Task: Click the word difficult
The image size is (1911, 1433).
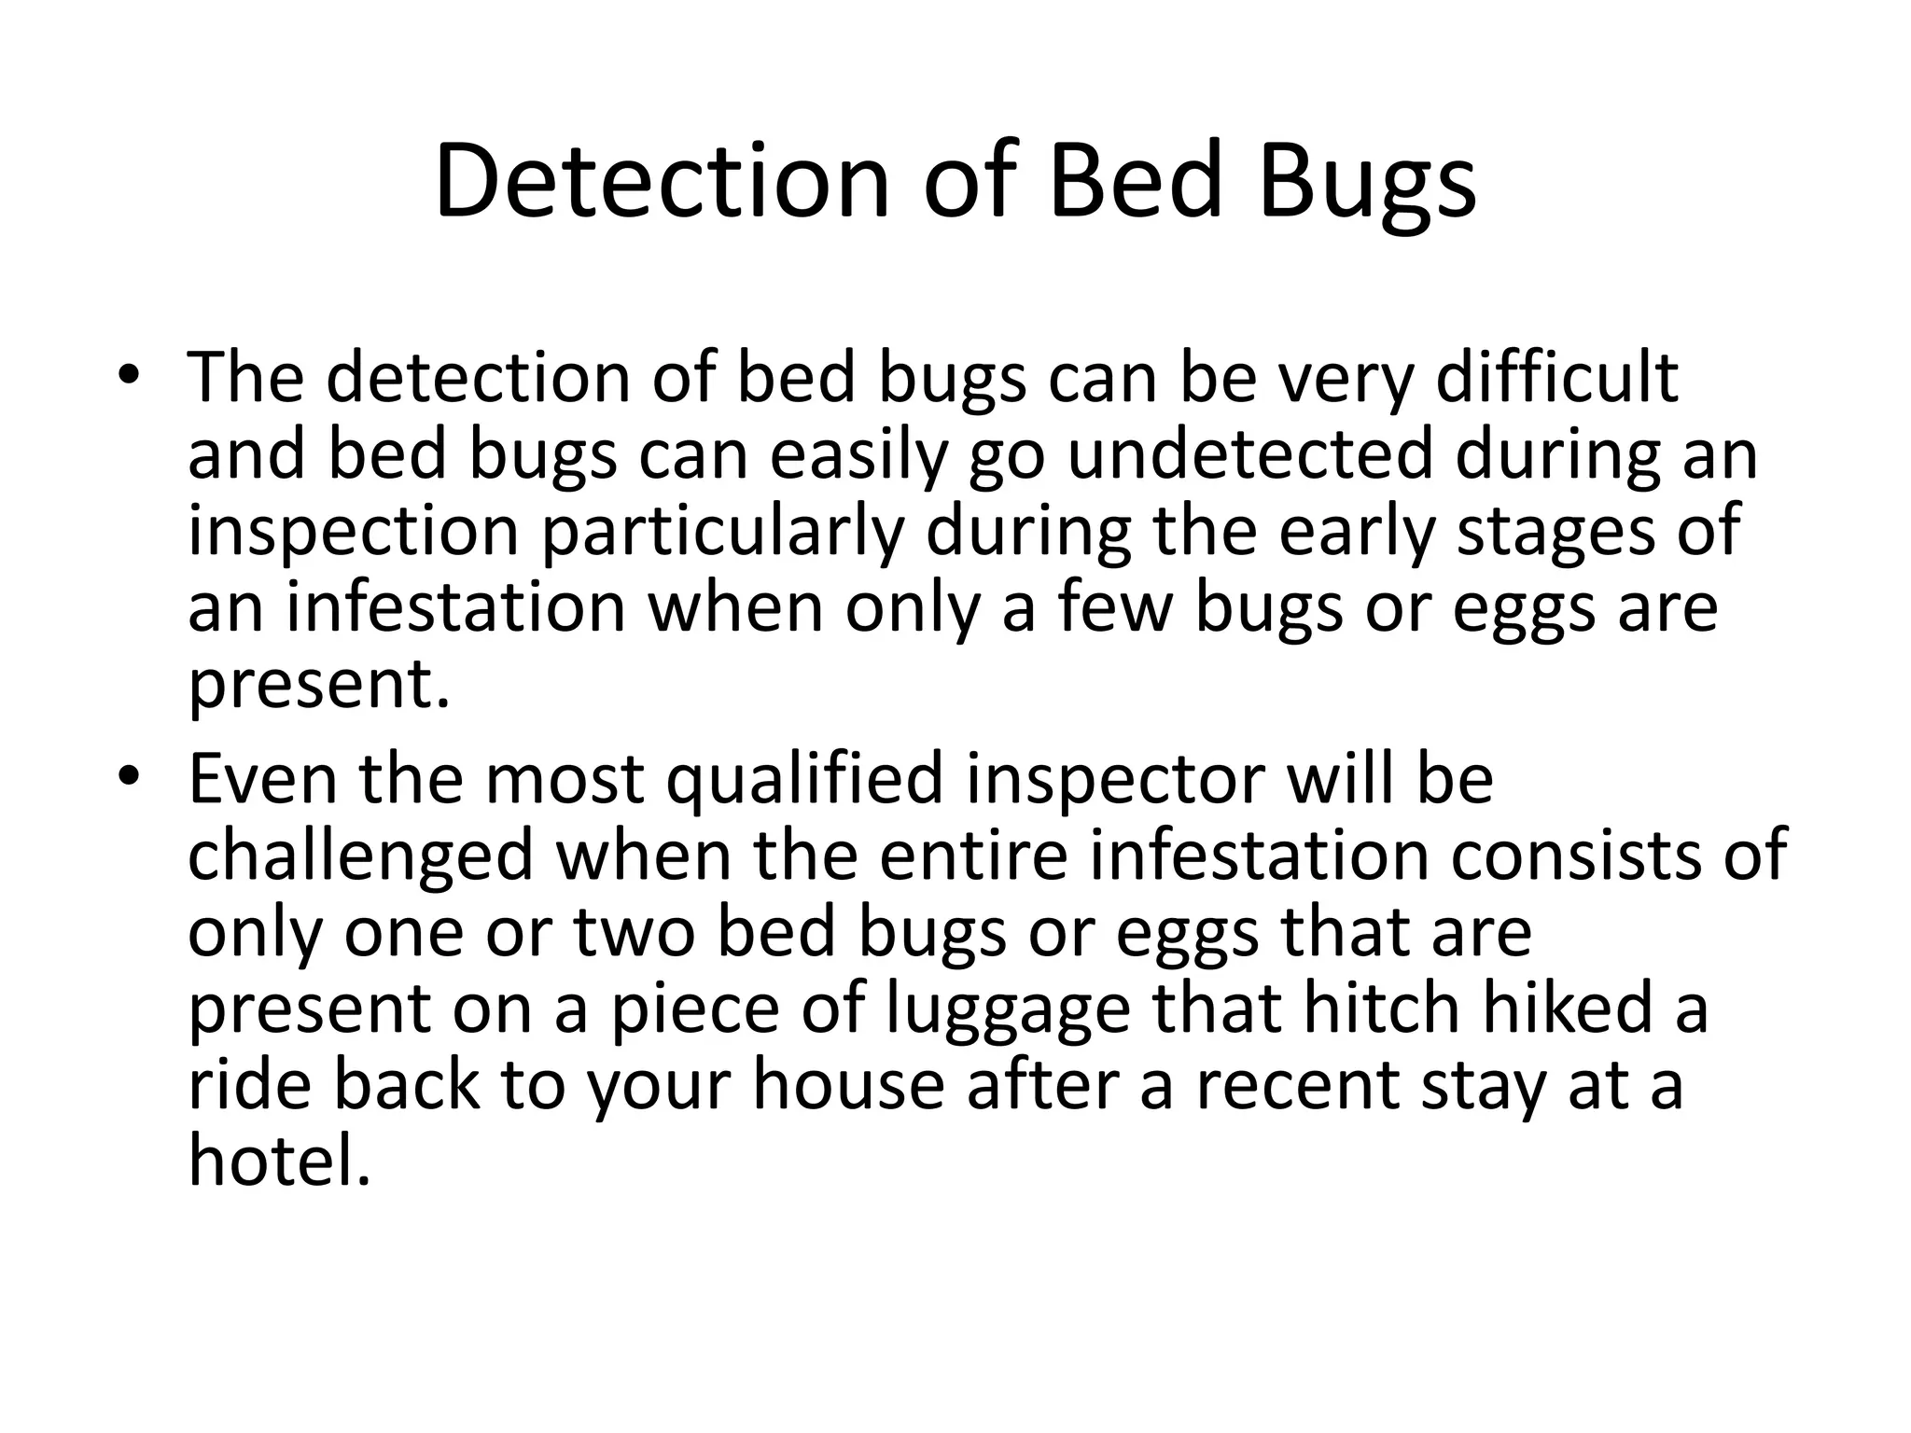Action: [x=1556, y=378]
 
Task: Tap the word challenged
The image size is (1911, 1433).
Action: [x=360, y=856]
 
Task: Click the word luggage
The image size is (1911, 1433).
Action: [x=1008, y=1009]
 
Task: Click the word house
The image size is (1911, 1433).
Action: [x=849, y=1085]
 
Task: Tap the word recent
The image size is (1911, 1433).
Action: [x=1299, y=1085]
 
